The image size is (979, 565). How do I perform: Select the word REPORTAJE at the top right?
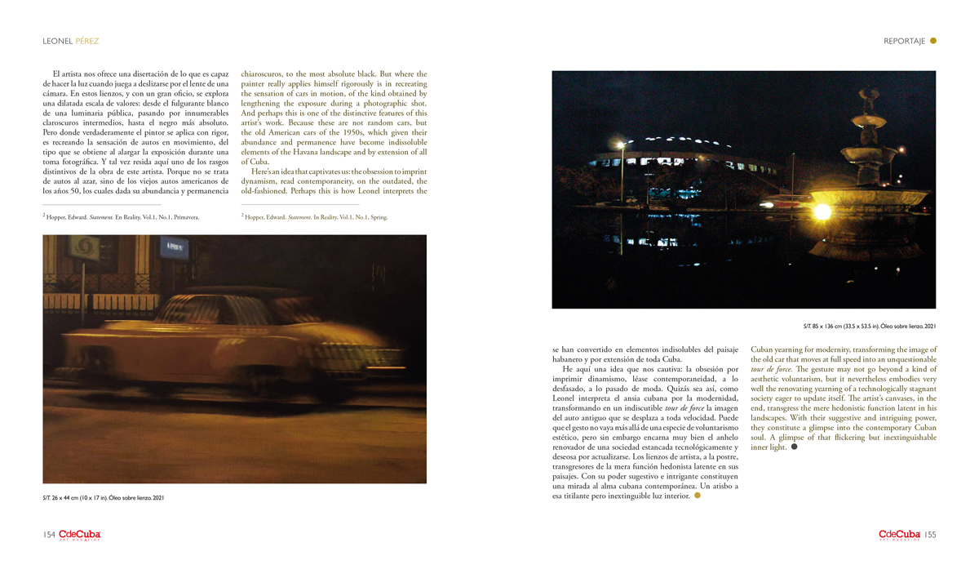point(904,41)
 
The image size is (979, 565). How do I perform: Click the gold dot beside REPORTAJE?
point(933,41)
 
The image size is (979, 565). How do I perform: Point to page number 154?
point(49,535)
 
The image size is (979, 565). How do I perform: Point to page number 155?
point(930,535)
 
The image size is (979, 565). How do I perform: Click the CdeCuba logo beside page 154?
point(79,535)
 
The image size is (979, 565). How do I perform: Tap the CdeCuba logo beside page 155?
point(899,535)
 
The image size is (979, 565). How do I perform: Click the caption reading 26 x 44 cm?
point(104,497)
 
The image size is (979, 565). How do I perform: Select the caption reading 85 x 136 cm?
point(869,327)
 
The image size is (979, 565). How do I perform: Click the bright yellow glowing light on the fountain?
point(822,211)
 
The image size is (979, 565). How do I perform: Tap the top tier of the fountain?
point(869,102)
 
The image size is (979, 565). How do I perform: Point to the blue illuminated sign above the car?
point(174,245)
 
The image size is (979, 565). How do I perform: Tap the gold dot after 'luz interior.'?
point(697,496)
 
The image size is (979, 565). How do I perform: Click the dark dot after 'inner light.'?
point(794,447)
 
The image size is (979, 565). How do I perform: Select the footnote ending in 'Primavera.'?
point(121,217)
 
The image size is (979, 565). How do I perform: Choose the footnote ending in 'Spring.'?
point(314,217)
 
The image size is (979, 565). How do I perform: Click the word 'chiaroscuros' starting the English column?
point(262,74)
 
